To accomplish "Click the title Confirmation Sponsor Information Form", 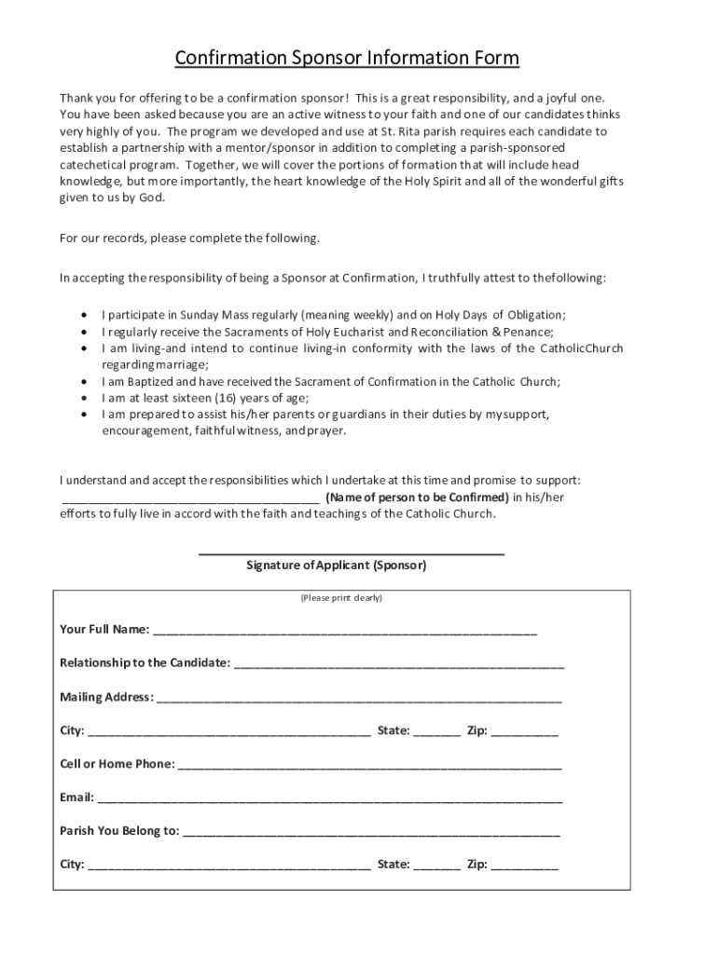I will (347, 60).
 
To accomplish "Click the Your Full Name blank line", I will (345, 632).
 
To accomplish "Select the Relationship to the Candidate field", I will (399, 665).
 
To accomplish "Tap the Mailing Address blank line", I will (359, 699).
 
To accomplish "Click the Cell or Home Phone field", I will (369, 766).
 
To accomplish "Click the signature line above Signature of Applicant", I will (352, 553).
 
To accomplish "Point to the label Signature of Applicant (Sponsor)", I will (336, 566).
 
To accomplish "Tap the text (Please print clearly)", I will (341, 597).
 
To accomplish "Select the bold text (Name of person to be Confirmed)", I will (417, 497).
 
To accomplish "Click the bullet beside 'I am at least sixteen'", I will (86, 398).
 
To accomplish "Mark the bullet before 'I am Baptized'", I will (86, 382).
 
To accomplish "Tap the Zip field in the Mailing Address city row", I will (524, 732).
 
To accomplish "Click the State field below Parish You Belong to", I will (436, 866).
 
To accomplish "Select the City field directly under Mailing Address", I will (228, 732).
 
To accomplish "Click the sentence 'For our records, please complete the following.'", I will (189, 238).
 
